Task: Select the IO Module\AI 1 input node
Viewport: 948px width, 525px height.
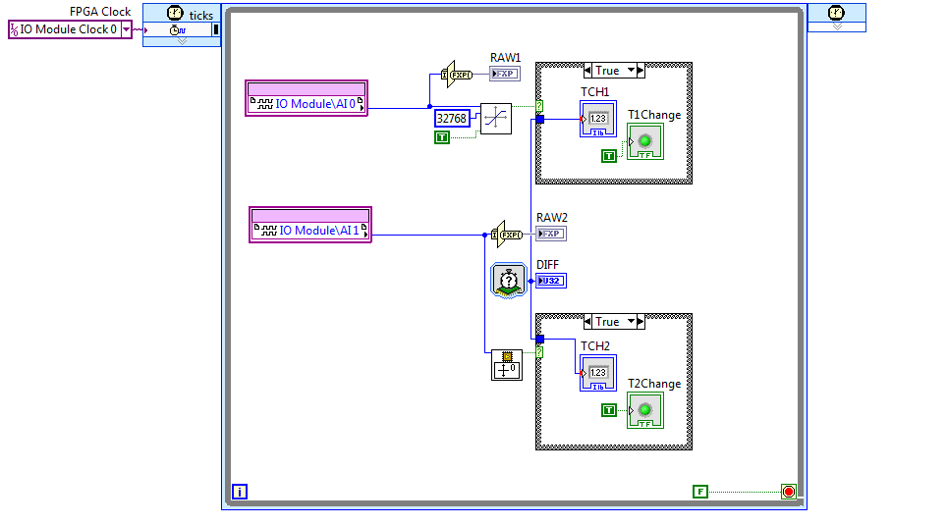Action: click(310, 230)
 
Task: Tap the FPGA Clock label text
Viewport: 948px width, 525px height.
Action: click(100, 12)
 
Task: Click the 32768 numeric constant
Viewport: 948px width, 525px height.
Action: click(451, 118)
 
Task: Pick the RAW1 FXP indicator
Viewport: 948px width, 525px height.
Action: click(504, 74)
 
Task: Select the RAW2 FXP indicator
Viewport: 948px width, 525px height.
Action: click(550, 234)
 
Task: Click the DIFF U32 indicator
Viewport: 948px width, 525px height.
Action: click(550, 281)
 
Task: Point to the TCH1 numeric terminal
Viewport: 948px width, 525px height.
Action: click(597, 122)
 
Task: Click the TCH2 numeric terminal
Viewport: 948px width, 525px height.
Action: click(597, 373)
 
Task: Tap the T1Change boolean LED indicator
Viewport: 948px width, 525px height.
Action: click(645, 141)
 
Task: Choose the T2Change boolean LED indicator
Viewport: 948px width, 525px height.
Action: click(645, 410)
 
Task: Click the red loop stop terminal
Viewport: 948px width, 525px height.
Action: click(788, 492)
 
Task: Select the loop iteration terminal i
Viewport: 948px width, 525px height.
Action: click(239, 492)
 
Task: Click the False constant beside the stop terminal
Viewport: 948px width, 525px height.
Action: click(699, 492)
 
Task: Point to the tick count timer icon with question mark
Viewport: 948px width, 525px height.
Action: click(508, 281)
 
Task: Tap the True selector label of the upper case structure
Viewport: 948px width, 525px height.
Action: click(608, 71)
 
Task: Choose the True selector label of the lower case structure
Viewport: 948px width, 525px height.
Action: click(608, 322)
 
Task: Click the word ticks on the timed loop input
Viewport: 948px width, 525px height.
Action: click(200, 16)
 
